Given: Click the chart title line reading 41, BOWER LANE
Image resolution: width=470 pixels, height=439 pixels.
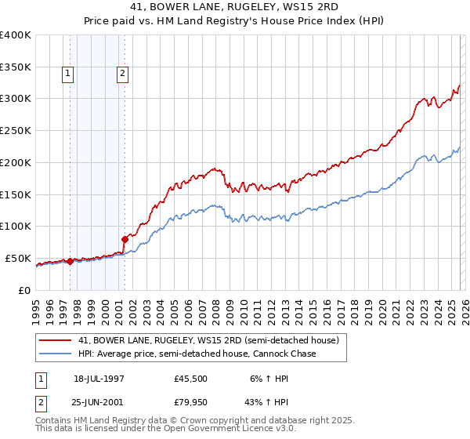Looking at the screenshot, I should pyautogui.click(x=236, y=9).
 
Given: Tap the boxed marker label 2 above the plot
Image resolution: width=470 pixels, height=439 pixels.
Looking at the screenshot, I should pyautogui.click(x=124, y=74).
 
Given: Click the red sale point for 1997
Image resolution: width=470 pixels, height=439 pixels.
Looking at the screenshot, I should pyautogui.click(x=70, y=261).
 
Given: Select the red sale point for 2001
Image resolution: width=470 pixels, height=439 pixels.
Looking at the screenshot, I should pyautogui.click(x=125, y=238).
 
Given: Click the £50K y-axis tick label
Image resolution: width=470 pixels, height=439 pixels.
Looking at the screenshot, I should pyautogui.click(x=18, y=258).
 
